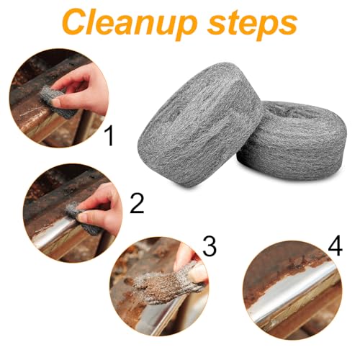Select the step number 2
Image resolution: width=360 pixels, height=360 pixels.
(x=137, y=204)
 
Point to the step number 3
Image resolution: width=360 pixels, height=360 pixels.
(x=210, y=246)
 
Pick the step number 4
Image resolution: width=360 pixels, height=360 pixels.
(x=336, y=246)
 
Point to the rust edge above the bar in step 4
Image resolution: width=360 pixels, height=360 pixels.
(x=295, y=269)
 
